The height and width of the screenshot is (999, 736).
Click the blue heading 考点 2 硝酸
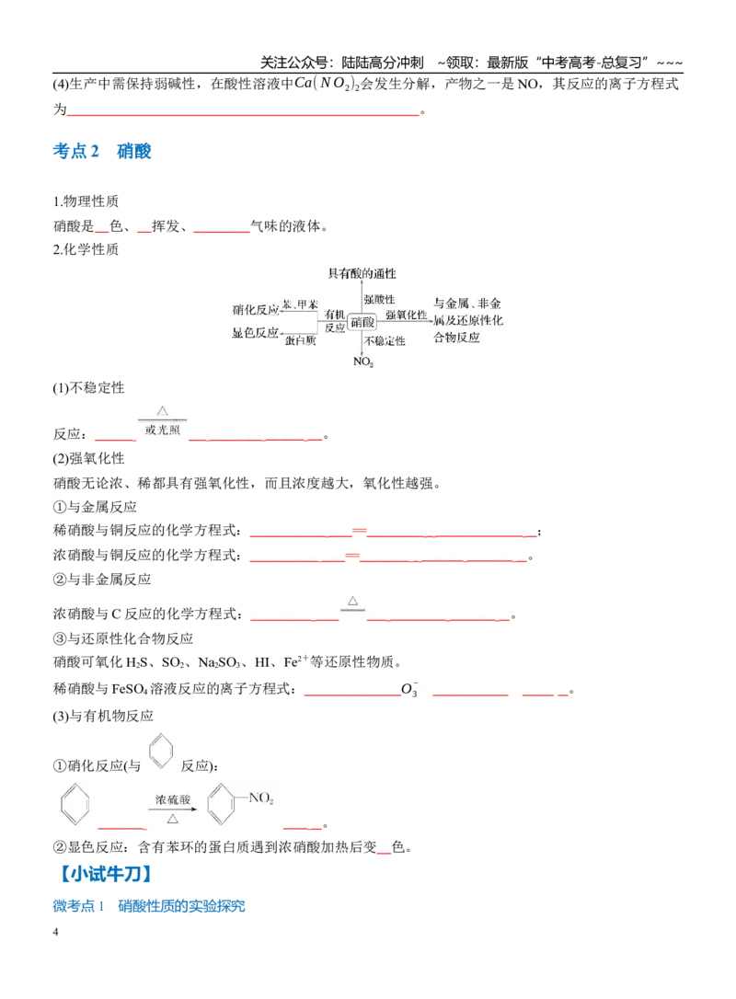pos(102,151)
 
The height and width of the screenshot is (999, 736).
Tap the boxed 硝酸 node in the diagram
pos(362,322)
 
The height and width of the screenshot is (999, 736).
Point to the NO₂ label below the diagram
pos(363,362)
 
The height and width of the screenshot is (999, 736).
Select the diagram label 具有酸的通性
pos(362,274)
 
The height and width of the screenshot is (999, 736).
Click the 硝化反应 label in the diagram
pos(255,310)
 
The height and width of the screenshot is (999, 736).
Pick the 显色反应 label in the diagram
pos(255,333)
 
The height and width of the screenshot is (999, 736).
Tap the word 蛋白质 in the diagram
pos(300,341)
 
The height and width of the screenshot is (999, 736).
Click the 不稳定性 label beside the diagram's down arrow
pos(385,341)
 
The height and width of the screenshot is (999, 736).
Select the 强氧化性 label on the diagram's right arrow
pos(407,315)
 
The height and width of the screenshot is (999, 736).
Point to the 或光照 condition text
pos(163,431)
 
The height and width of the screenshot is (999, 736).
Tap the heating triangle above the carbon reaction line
pos(353,601)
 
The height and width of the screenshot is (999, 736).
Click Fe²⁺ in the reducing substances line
pos(295,662)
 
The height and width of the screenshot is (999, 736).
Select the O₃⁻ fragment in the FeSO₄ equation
pos(409,689)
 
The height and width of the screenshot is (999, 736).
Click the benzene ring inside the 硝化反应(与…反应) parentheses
pos(161,752)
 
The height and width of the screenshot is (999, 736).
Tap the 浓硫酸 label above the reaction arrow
pos(173,799)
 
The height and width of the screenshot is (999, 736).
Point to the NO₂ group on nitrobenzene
pos(260,798)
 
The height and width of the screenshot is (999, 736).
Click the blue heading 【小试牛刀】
pos(106,874)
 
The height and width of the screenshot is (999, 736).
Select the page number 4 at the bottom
pos(55,932)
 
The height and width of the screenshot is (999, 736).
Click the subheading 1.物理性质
pos(86,201)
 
